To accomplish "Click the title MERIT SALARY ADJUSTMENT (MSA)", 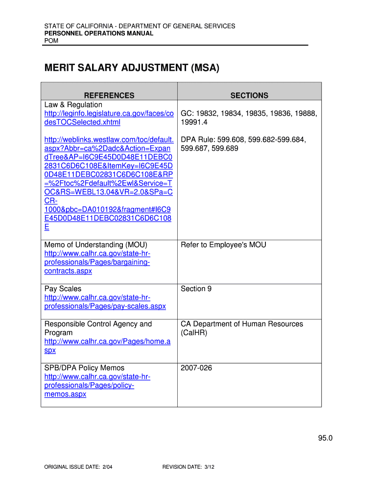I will pos(132,68).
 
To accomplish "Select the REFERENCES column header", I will pos(109,95).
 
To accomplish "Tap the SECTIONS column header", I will pos(249,95).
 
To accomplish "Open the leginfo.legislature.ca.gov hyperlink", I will pos(109,118).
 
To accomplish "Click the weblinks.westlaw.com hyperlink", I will pos(109,183).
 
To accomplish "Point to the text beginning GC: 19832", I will pos(249,118).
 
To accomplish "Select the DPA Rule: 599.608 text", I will pos(243,144).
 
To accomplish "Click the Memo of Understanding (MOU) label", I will pos(96,245).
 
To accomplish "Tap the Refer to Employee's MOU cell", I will pos(223,245).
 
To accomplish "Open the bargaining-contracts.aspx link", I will pos(97,262).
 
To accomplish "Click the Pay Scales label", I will pos(63,289).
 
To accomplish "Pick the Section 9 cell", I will pos(196,289).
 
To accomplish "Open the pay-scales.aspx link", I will pos(105,302).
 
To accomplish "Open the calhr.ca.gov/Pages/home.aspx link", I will pos(107,346).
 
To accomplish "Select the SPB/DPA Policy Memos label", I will pos(84,368).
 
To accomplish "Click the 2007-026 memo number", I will pos(196,368).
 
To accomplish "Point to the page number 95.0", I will pos(325,438).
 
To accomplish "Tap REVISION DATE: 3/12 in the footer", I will pos(188,467).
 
